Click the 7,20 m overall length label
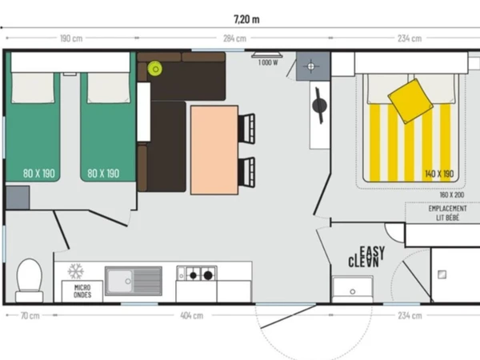tap(246, 19)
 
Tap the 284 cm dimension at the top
tap(234, 38)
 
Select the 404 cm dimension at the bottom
tap(192, 315)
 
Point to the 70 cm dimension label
tap(30, 315)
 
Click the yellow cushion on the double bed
tap(410, 101)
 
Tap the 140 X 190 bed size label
tap(439, 174)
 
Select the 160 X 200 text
tap(452, 194)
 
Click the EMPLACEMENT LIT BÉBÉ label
tap(447, 213)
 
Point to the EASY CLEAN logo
tap(366, 257)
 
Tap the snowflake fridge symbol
tap(76, 271)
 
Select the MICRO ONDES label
tap(82, 291)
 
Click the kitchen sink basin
tap(120, 281)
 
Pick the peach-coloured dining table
tap(214, 150)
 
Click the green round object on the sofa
tap(155, 69)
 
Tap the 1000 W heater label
tap(268, 62)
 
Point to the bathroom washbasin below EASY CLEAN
tap(352, 289)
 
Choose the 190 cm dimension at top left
tap(71, 38)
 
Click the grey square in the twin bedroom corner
tap(18, 198)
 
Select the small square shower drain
tap(442, 274)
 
